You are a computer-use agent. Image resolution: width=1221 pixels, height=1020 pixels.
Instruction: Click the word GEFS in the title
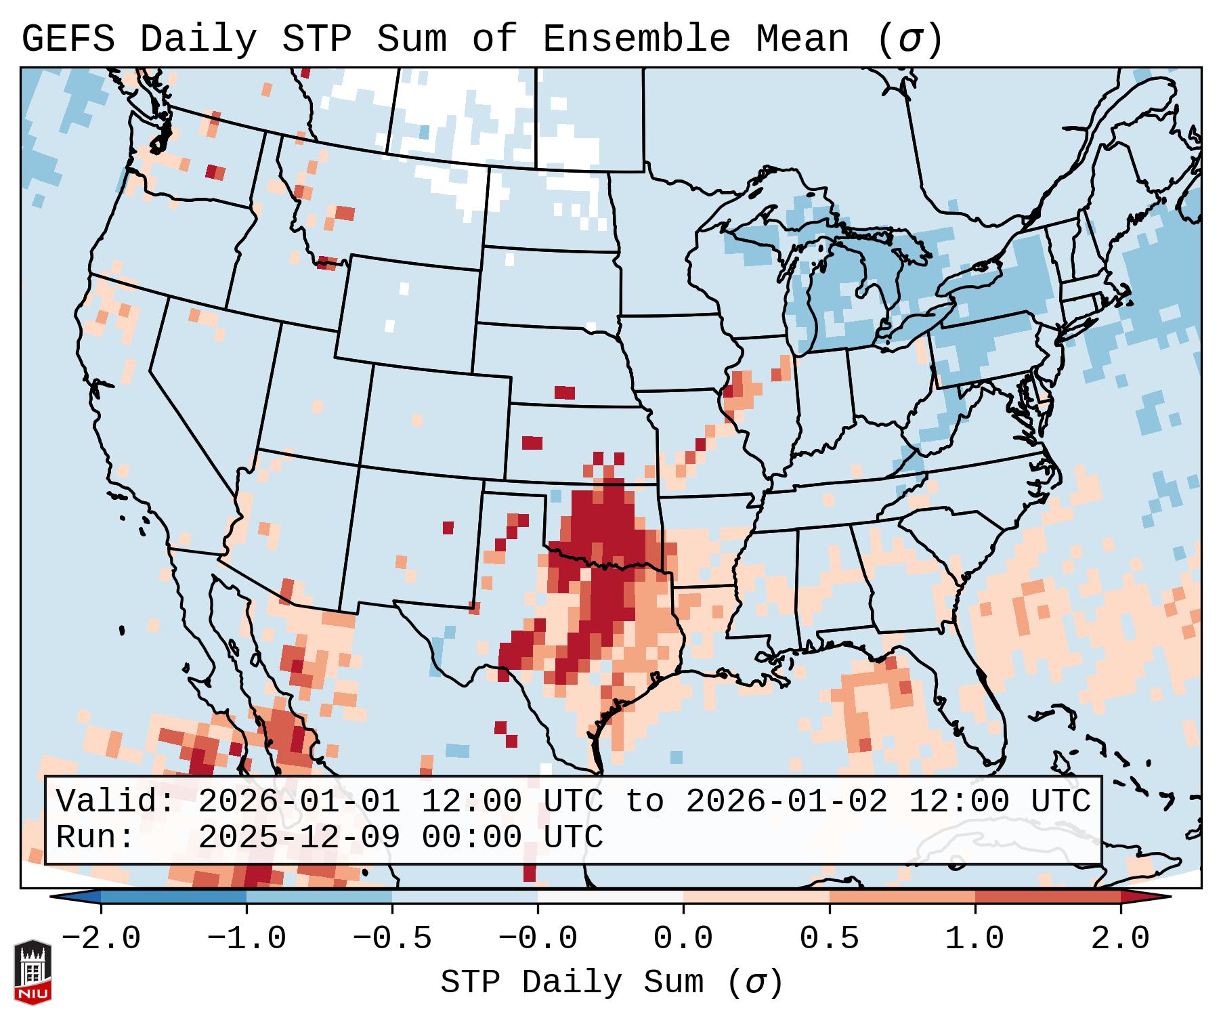click(x=68, y=39)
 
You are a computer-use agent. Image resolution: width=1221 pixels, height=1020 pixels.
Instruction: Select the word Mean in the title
click(x=802, y=39)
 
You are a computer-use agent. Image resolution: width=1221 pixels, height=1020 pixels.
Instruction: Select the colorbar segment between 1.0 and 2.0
click(x=1048, y=897)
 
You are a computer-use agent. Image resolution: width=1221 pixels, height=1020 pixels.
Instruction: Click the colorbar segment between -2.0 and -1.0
click(x=173, y=897)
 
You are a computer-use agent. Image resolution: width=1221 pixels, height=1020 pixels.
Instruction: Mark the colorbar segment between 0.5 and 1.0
click(x=902, y=897)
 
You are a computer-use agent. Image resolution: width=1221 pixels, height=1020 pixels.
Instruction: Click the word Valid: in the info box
click(x=116, y=802)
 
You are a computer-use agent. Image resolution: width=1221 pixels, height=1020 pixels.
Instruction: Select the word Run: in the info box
click(x=95, y=838)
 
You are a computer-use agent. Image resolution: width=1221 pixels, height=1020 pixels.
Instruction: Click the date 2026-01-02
click(x=786, y=802)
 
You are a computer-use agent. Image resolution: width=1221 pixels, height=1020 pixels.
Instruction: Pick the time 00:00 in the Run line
click(x=471, y=838)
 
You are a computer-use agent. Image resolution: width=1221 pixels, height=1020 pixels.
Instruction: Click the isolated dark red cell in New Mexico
click(x=448, y=528)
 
